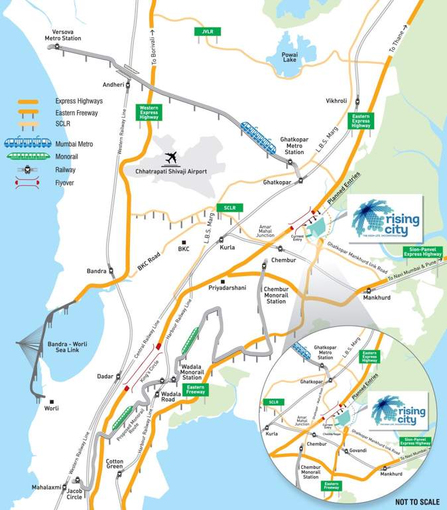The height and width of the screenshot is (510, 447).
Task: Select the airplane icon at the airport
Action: click(172, 157)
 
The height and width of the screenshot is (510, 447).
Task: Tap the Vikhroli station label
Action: click(336, 101)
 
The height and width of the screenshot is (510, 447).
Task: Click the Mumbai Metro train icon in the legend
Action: click(27, 141)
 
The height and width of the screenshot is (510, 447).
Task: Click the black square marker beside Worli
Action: click(51, 401)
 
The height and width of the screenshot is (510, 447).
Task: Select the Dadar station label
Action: click(106, 377)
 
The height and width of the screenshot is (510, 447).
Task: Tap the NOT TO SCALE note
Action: click(417, 501)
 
